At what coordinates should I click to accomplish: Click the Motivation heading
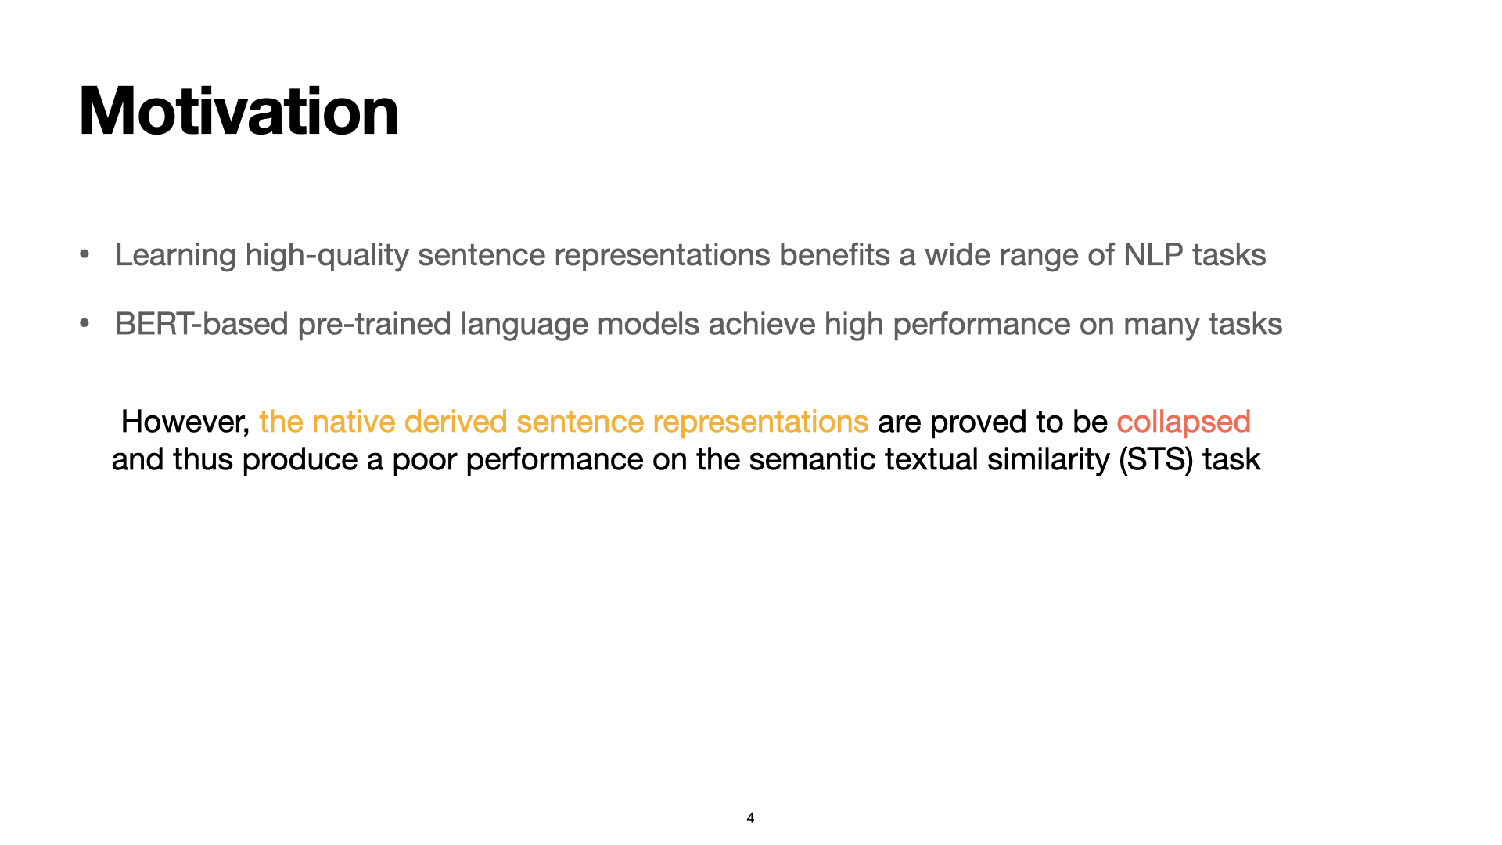tap(239, 112)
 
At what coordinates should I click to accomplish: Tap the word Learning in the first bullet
tap(175, 255)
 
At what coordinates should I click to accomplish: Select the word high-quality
tap(327, 255)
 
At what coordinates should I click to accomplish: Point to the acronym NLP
tap(1153, 255)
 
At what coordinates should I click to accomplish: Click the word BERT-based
tap(202, 324)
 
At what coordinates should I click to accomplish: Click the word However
tap(185, 422)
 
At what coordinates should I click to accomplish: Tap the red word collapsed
tap(1183, 422)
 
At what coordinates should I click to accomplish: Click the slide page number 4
tap(750, 818)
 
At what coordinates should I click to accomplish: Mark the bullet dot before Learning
tap(84, 254)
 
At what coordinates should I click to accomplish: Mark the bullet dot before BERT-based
tap(84, 323)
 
